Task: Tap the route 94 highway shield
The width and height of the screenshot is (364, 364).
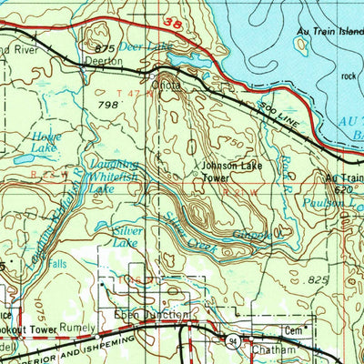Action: [x=234, y=339]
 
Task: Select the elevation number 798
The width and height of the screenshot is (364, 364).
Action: [x=108, y=106]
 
